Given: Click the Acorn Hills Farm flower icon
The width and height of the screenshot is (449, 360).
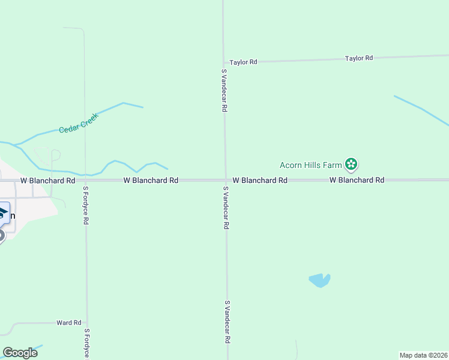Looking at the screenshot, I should point(351,164).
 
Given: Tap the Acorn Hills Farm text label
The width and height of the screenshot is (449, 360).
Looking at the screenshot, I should point(310,164).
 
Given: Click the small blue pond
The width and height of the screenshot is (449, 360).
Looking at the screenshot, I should point(319,280).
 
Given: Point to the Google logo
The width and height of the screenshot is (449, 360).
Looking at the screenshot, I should point(20,353).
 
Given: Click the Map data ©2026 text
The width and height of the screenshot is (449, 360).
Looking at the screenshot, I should point(423,355).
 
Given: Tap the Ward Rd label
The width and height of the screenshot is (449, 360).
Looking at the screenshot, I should point(68,323).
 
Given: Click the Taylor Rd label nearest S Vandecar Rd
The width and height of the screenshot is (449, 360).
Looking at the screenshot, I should point(244,62).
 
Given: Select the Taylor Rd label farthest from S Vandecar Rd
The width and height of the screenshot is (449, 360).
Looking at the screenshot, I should point(359,58).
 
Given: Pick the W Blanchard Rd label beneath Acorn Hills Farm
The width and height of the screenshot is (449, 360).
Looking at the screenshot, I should point(357,180).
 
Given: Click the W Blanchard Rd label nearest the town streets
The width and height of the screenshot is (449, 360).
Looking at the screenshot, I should point(47,180).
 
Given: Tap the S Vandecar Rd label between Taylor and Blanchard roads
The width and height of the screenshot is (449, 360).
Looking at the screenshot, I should point(223,91).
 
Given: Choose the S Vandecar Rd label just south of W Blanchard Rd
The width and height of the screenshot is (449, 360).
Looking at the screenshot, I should point(226,208).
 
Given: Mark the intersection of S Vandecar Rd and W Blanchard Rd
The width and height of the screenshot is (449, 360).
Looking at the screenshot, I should point(225,180).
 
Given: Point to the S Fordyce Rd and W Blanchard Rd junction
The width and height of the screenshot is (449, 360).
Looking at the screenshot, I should point(85,180).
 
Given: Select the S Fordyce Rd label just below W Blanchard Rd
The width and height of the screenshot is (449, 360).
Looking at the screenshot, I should point(86,205).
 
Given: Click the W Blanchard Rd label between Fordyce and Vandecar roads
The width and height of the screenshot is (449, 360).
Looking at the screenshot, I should point(151,180).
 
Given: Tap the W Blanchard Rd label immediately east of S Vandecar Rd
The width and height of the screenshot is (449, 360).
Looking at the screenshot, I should point(259,180).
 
